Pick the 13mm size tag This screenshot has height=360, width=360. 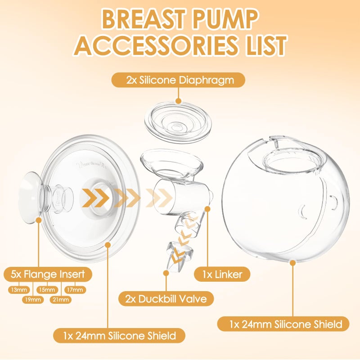[x=18, y=290]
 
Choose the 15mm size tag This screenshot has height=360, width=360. [x=46, y=290]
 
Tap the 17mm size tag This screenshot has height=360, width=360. [x=75, y=290]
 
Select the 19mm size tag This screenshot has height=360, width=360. [x=33, y=300]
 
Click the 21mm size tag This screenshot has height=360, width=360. [x=60, y=300]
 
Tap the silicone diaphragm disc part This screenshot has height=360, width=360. [x=178, y=122]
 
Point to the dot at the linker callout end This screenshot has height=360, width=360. [x=207, y=208]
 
